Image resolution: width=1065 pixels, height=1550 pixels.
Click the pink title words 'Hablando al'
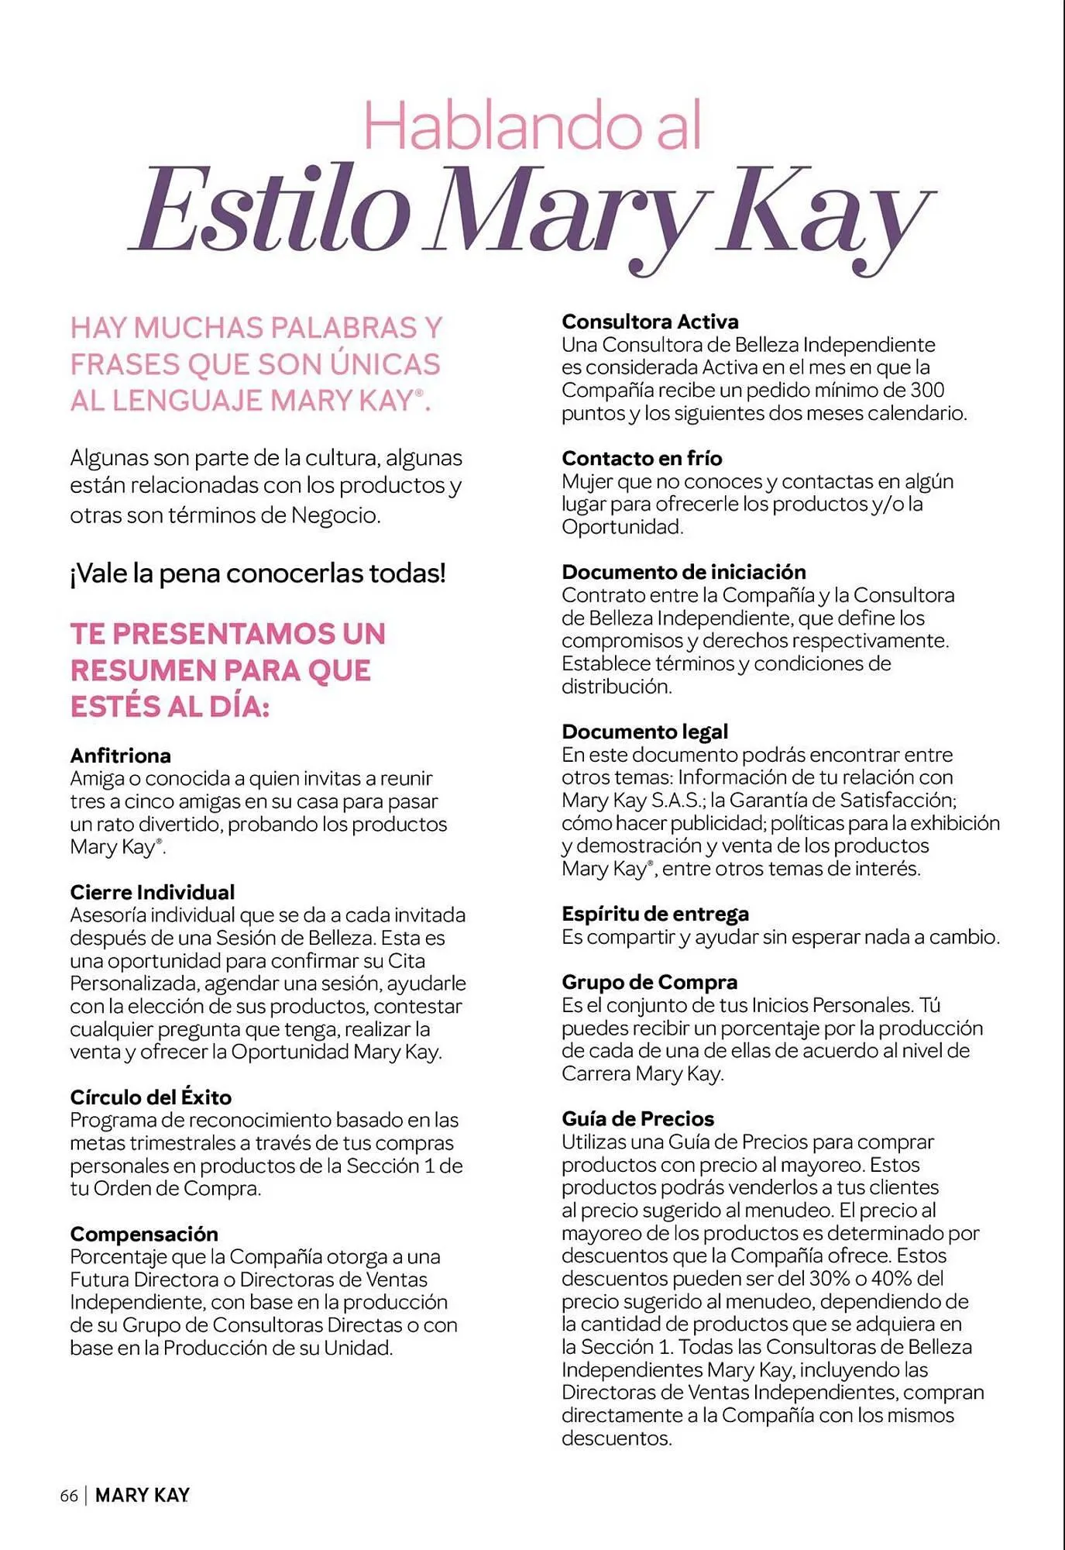532,126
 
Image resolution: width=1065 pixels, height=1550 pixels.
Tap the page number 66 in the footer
69,1496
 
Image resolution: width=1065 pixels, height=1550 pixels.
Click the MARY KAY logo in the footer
142,1496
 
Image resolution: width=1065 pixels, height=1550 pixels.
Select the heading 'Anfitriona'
120,756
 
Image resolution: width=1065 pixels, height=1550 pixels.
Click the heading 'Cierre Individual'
152,892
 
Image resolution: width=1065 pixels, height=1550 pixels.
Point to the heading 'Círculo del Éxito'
150,1097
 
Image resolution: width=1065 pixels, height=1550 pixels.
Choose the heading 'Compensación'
144,1234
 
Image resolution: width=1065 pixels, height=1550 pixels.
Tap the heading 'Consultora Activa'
650,322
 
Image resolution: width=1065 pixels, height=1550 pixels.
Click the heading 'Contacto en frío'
641,458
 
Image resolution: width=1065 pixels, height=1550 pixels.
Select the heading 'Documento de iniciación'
683,572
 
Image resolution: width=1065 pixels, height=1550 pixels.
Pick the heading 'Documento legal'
644,732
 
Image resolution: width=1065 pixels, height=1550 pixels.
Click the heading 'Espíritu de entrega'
654,914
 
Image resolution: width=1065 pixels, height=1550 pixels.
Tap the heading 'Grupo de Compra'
649,982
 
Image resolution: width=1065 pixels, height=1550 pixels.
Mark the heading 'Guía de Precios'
637,1118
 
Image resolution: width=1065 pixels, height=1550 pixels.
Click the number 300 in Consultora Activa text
927,390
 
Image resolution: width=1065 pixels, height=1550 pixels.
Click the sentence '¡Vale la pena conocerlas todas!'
258,573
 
